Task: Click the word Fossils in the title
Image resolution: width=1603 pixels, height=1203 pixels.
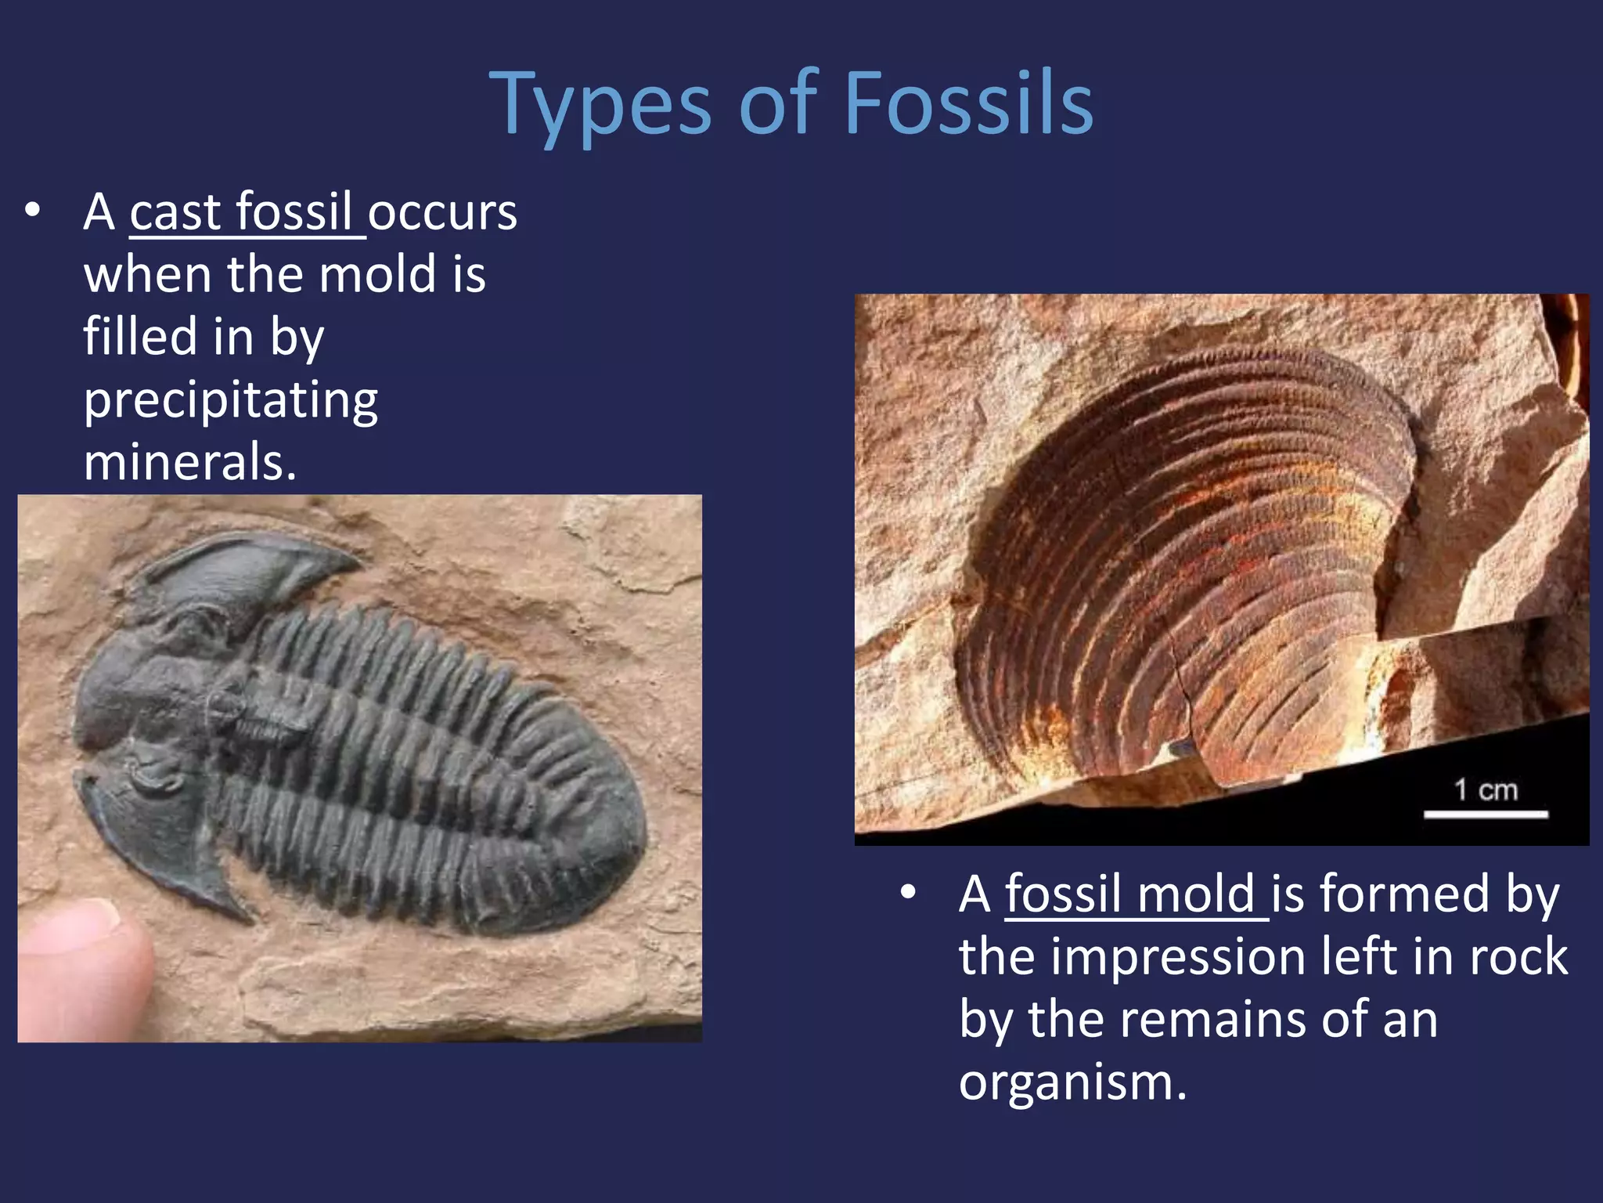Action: (969, 103)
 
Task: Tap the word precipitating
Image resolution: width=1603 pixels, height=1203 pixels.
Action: (231, 401)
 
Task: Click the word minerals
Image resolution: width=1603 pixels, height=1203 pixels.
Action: (189, 462)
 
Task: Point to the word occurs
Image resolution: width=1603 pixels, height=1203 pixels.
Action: (443, 212)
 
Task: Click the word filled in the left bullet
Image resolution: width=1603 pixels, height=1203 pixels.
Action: (140, 337)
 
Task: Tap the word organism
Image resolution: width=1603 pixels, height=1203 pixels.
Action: (1072, 1082)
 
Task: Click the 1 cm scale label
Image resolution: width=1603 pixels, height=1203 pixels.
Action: (1486, 789)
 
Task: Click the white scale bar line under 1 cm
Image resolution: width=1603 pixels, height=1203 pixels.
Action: (1486, 815)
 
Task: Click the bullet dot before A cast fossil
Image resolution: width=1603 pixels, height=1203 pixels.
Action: (32, 211)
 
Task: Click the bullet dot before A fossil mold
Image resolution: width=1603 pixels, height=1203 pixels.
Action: (908, 893)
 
